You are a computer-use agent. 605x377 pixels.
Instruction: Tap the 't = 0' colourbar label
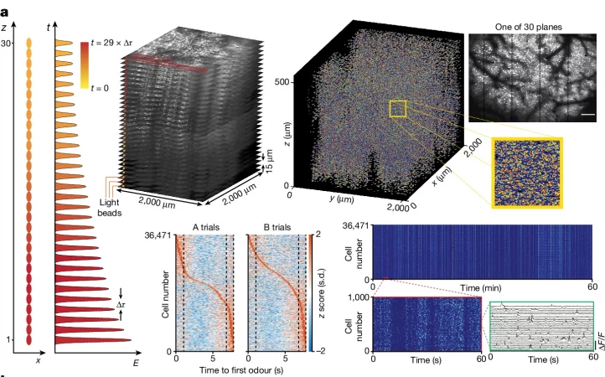pos(114,84)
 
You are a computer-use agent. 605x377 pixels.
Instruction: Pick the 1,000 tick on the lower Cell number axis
pos(361,297)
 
